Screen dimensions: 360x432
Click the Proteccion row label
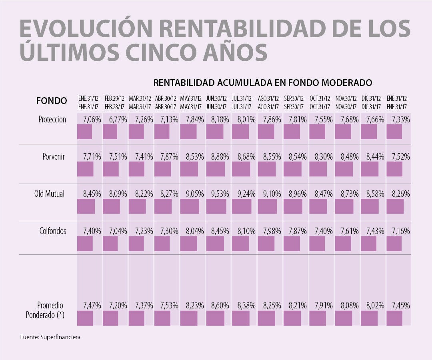coord(52,120)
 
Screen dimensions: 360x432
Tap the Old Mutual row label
coord(50,194)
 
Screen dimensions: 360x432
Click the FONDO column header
coord(52,101)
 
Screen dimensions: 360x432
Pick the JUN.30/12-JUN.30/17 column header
coord(217,103)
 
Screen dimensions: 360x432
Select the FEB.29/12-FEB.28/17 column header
coord(115,103)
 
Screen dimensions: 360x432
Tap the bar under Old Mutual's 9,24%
coord(242,206)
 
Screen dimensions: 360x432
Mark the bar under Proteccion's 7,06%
coord(84,132)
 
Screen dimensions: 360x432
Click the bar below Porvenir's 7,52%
coord(394,169)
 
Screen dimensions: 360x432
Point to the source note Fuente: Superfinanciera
coord(50,337)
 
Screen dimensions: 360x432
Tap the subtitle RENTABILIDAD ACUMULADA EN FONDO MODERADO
coord(263,83)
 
